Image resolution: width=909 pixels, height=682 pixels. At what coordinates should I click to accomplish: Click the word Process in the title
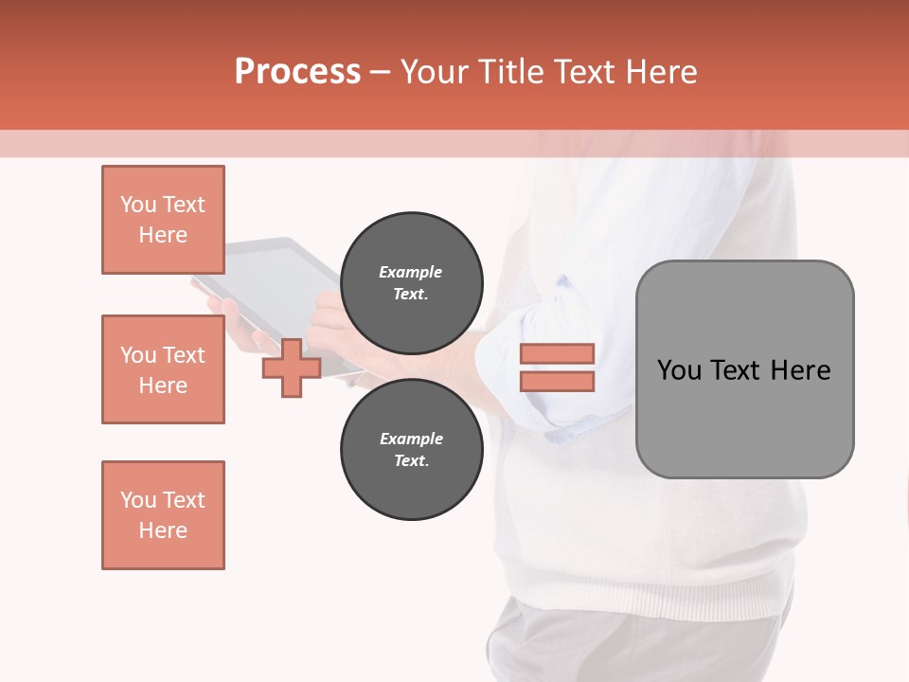297,72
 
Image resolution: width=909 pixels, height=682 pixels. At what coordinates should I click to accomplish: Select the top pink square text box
163,220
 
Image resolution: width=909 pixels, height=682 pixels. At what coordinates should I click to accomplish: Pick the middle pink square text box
163,369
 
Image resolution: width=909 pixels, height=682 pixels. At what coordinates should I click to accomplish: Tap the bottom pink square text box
163,515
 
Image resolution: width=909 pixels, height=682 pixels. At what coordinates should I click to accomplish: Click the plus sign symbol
292,368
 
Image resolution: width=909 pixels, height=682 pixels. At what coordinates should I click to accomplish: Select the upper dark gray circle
411,283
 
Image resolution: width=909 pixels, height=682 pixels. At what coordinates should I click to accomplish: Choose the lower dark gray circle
411,450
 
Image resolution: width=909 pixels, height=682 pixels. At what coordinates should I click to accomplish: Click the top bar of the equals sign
557,354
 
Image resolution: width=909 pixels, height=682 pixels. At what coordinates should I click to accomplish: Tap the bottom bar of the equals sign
557,381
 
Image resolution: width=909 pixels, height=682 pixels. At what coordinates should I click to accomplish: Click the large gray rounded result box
744,417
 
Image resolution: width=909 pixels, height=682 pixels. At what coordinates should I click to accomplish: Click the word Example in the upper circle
411,272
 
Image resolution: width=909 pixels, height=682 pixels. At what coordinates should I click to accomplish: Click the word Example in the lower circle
411,439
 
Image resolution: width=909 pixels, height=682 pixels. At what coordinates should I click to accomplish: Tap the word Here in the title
663,72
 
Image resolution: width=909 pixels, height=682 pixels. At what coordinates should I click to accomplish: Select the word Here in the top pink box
163,235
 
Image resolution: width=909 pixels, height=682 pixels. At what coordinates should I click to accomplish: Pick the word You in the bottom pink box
138,500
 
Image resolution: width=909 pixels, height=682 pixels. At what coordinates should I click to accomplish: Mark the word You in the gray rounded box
679,370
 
